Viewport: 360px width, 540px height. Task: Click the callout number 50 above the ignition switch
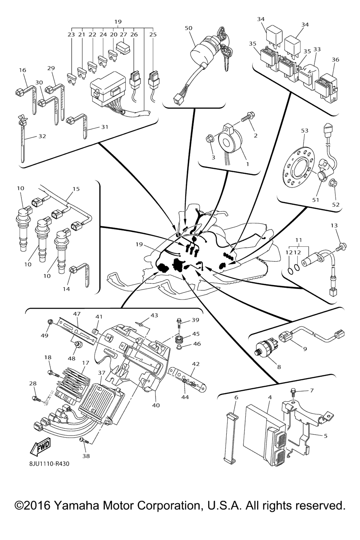click(x=188, y=28)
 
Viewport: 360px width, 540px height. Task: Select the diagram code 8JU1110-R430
click(x=49, y=464)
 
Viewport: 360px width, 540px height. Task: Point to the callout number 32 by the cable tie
click(x=42, y=136)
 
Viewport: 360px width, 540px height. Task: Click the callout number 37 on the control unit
click(x=102, y=372)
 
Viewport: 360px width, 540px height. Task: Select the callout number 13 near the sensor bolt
click(x=334, y=225)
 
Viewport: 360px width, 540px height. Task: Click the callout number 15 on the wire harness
click(x=76, y=189)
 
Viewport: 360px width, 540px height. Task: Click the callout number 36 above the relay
click(x=335, y=59)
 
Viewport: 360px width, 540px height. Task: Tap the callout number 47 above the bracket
click(x=77, y=313)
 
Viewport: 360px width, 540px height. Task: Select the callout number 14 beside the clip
click(x=66, y=289)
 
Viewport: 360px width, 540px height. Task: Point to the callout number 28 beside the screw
click(x=33, y=384)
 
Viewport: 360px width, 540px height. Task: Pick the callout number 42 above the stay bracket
click(x=195, y=364)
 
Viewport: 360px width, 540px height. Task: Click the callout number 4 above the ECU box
click(x=270, y=397)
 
